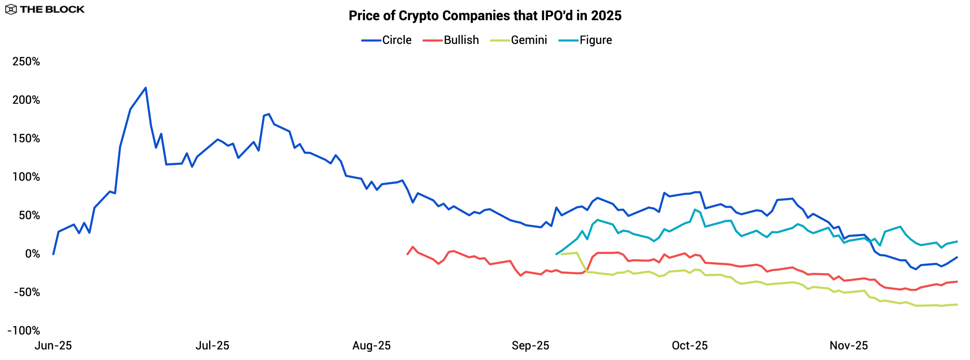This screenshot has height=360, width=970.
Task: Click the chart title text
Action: click(485, 16)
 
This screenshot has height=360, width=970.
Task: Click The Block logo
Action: click(45, 9)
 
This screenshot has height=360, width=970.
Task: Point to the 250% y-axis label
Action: click(26, 61)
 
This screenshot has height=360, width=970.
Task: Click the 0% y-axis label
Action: click(32, 254)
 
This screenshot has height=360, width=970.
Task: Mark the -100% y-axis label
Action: click(23, 330)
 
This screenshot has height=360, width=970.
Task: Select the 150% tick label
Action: click(26, 138)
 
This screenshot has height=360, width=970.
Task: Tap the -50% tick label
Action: click(27, 292)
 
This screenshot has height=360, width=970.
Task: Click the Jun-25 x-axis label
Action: click(53, 346)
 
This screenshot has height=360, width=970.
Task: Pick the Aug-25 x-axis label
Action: click(371, 346)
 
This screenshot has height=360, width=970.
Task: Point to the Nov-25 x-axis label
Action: click(849, 346)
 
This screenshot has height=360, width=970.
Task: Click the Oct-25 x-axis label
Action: click(690, 346)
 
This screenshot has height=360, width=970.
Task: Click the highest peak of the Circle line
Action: click(146, 88)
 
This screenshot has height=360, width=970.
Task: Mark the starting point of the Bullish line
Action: click(407, 254)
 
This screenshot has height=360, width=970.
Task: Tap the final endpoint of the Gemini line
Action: click(957, 305)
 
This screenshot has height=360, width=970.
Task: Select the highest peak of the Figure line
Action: click(695, 210)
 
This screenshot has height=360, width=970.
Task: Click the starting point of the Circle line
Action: click(53, 254)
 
